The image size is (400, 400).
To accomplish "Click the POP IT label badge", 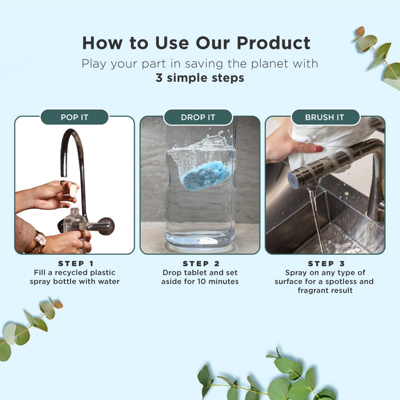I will click(74, 117).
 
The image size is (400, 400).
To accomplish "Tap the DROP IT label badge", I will click(198, 117).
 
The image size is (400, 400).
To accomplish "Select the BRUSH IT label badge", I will click(325, 117).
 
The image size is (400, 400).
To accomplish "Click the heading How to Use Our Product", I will click(196, 43).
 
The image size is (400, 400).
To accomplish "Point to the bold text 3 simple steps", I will click(200, 78).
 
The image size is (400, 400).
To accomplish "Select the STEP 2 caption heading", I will click(201, 264).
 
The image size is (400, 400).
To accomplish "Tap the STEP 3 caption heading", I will click(326, 264).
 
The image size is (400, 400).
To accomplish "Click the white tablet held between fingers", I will click(73, 191).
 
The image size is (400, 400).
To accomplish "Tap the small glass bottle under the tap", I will click(74, 222).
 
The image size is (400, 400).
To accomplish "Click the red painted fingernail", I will click(319, 149).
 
